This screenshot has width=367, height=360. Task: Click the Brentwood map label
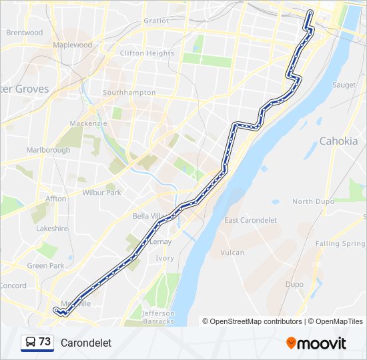[24, 32]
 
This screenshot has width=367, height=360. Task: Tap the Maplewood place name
[72, 45]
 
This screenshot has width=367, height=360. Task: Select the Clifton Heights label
[147, 53]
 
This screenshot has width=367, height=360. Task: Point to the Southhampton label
[129, 93]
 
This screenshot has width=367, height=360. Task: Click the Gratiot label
[156, 21]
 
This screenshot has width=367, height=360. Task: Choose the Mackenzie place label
[89, 123]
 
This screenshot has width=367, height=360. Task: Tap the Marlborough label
[48, 150]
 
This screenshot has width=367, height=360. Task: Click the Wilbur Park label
[101, 193]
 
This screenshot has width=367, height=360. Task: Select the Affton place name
[56, 199]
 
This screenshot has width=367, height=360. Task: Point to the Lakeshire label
[52, 228]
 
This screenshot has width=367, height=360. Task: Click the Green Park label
[45, 265]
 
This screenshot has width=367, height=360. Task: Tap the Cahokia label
[338, 141]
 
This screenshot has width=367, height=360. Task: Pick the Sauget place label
[344, 85]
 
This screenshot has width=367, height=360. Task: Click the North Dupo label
[312, 201]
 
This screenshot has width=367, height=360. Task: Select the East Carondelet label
[250, 221]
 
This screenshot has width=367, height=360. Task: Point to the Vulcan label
[232, 253]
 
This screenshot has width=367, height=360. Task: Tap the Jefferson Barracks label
[158, 317]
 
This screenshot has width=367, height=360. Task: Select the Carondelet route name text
[85, 343]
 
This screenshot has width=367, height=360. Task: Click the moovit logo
[316, 343]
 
